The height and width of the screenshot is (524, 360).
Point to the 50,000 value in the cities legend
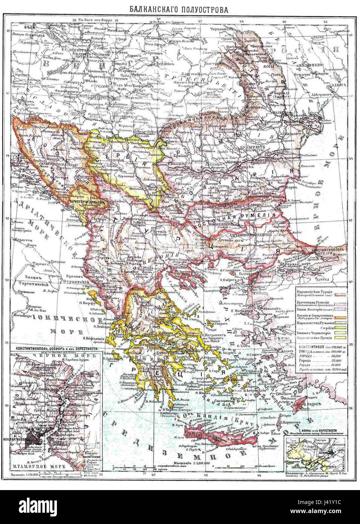324,356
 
